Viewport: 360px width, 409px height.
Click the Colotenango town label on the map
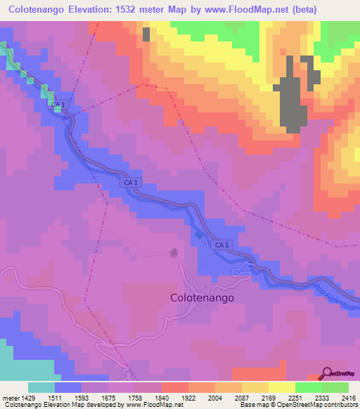pyautogui.click(x=202, y=297)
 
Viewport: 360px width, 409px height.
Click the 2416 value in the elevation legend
pyautogui.click(x=348, y=397)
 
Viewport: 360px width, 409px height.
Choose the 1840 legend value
pyautogui.click(x=162, y=397)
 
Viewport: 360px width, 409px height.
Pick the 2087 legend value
pyautogui.click(x=242, y=397)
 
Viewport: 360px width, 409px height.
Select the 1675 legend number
pyautogui.click(x=108, y=397)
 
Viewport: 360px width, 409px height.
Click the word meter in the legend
pyautogui.click(x=10, y=397)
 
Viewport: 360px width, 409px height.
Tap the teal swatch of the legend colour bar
pyautogui.click(x=41, y=387)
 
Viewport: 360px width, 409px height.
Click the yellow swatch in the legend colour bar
pyautogui.click(x=281, y=387)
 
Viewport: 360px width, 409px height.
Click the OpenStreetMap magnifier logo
pyautogui.click(x=328, y=372)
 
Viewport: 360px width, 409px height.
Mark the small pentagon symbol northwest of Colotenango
pyautogui.click(x=174, y=252)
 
